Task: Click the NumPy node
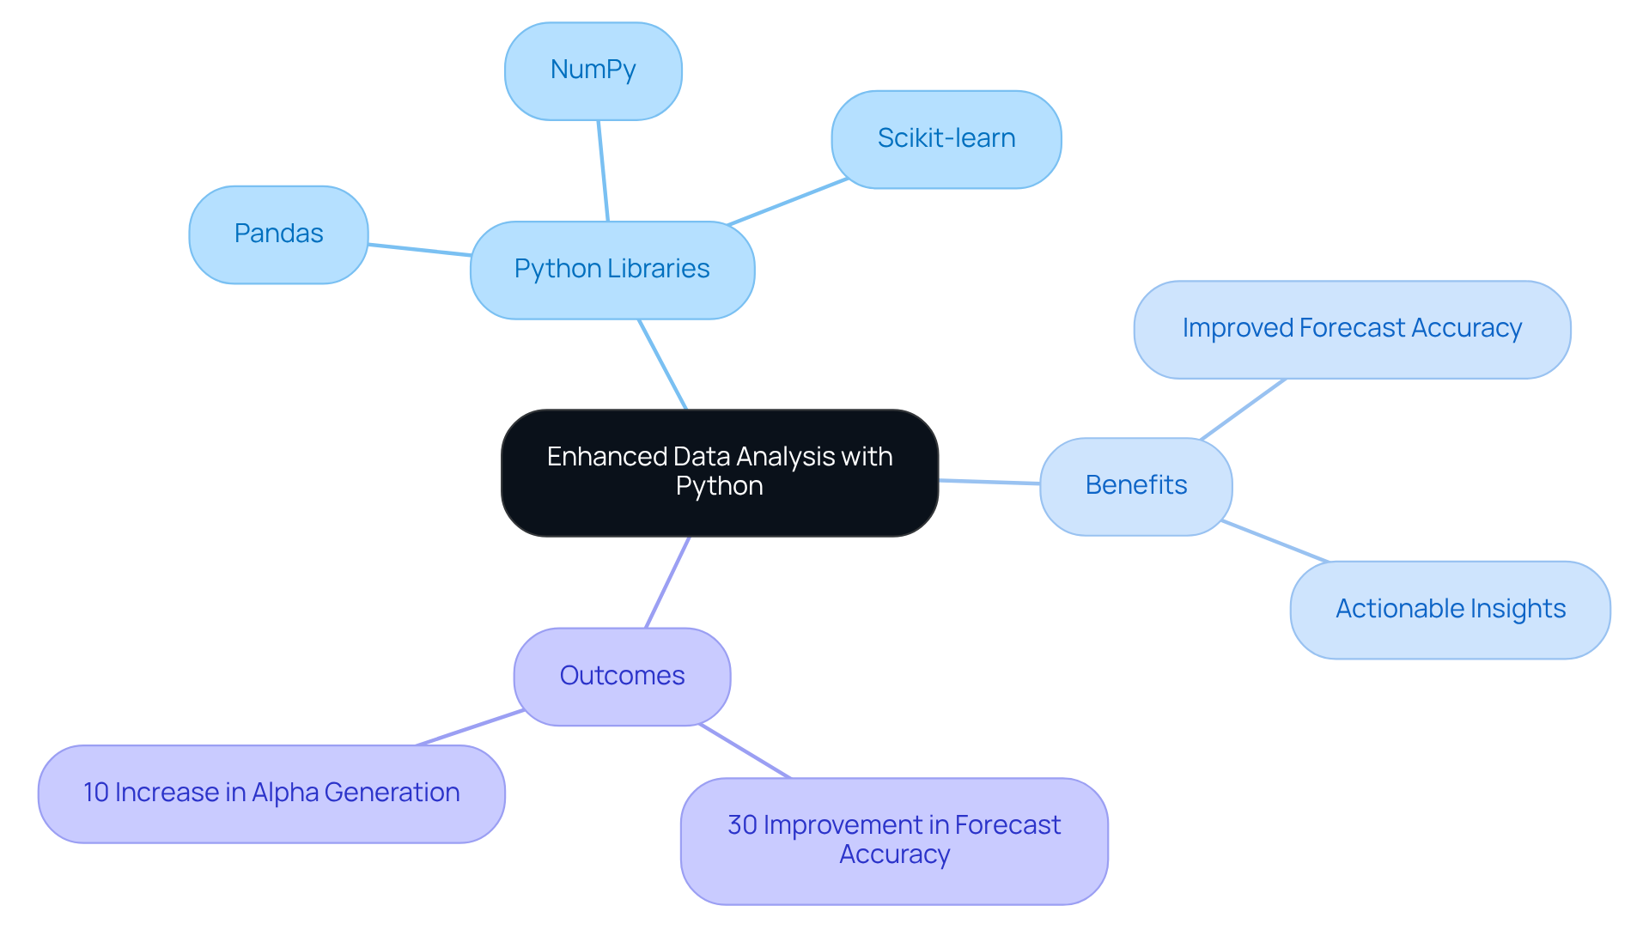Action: tap(593, 71)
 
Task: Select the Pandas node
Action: tap(278, 234)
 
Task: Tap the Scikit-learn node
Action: tap(946, 139)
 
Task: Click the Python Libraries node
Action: tap(612, 270)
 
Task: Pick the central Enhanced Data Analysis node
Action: tap(720, 472)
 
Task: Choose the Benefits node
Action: tap(1136, 486)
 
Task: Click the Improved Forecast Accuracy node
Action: tap(1352, 329)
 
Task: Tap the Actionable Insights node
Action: tap(1450, 610)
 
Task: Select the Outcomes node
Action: tap(622, 677)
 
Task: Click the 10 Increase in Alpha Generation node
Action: tap(271, 793)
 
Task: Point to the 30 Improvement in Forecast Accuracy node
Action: tap(894, 841)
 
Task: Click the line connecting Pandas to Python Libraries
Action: tap(419, 250)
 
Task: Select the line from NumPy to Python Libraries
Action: tap(603, 171)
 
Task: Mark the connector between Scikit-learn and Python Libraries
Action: tap(788, 202)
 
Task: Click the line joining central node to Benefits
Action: tap(989, 482)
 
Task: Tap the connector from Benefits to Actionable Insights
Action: tap(1275, 541)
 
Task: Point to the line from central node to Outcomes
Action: tap(667, 582)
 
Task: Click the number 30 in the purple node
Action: tap(742, 825)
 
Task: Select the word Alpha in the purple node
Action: tap(284, 793)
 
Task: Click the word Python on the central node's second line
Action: tap(720, 487)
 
